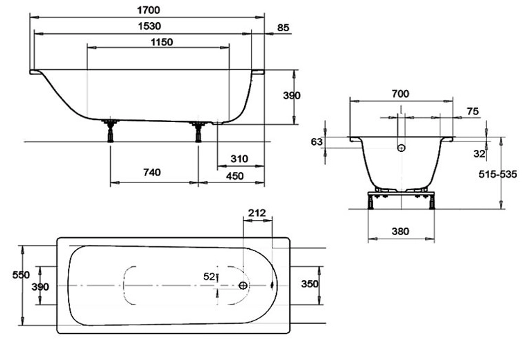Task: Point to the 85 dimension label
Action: tap(282, 28)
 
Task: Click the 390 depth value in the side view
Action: tap(292, 96)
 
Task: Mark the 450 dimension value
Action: tap(237, 175)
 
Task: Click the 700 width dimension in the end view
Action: tap(400, 94)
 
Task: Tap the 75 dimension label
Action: tap(472, 111)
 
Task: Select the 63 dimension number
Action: tap(317, 142)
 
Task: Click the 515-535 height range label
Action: tap(497, 174)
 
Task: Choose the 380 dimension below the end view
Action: tap(400, 231)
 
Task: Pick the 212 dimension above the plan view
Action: tap(257, 212)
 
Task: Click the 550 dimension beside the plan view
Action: tap(21, 274)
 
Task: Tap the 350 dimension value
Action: tap(309, 284)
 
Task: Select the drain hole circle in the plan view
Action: tap(243, 285)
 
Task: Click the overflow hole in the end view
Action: tap(401, 147)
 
